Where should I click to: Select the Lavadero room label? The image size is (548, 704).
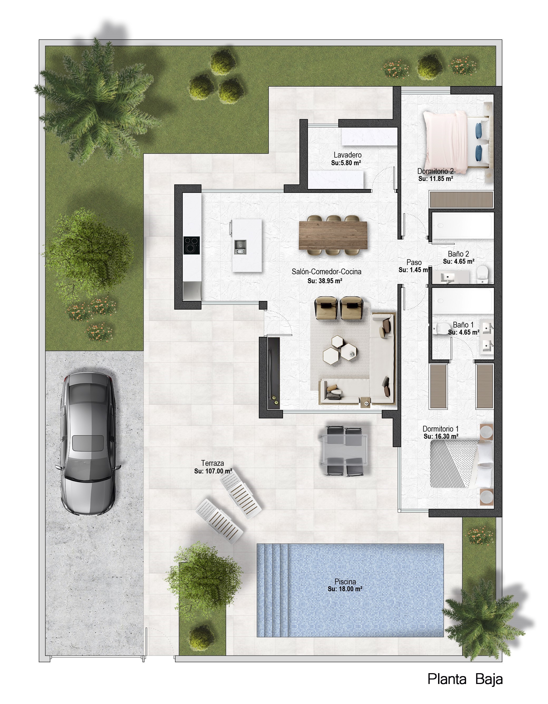click(x=347, y=155)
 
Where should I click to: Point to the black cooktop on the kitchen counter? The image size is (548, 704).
click(x=192, y=246)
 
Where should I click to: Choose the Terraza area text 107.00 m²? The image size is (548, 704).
click(x=213, y=471)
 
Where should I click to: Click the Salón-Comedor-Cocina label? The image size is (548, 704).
click(x=326, y=271)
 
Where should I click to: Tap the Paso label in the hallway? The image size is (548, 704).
click(x=414, y=262)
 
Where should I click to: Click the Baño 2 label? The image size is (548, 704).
click(x=458, y=254)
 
